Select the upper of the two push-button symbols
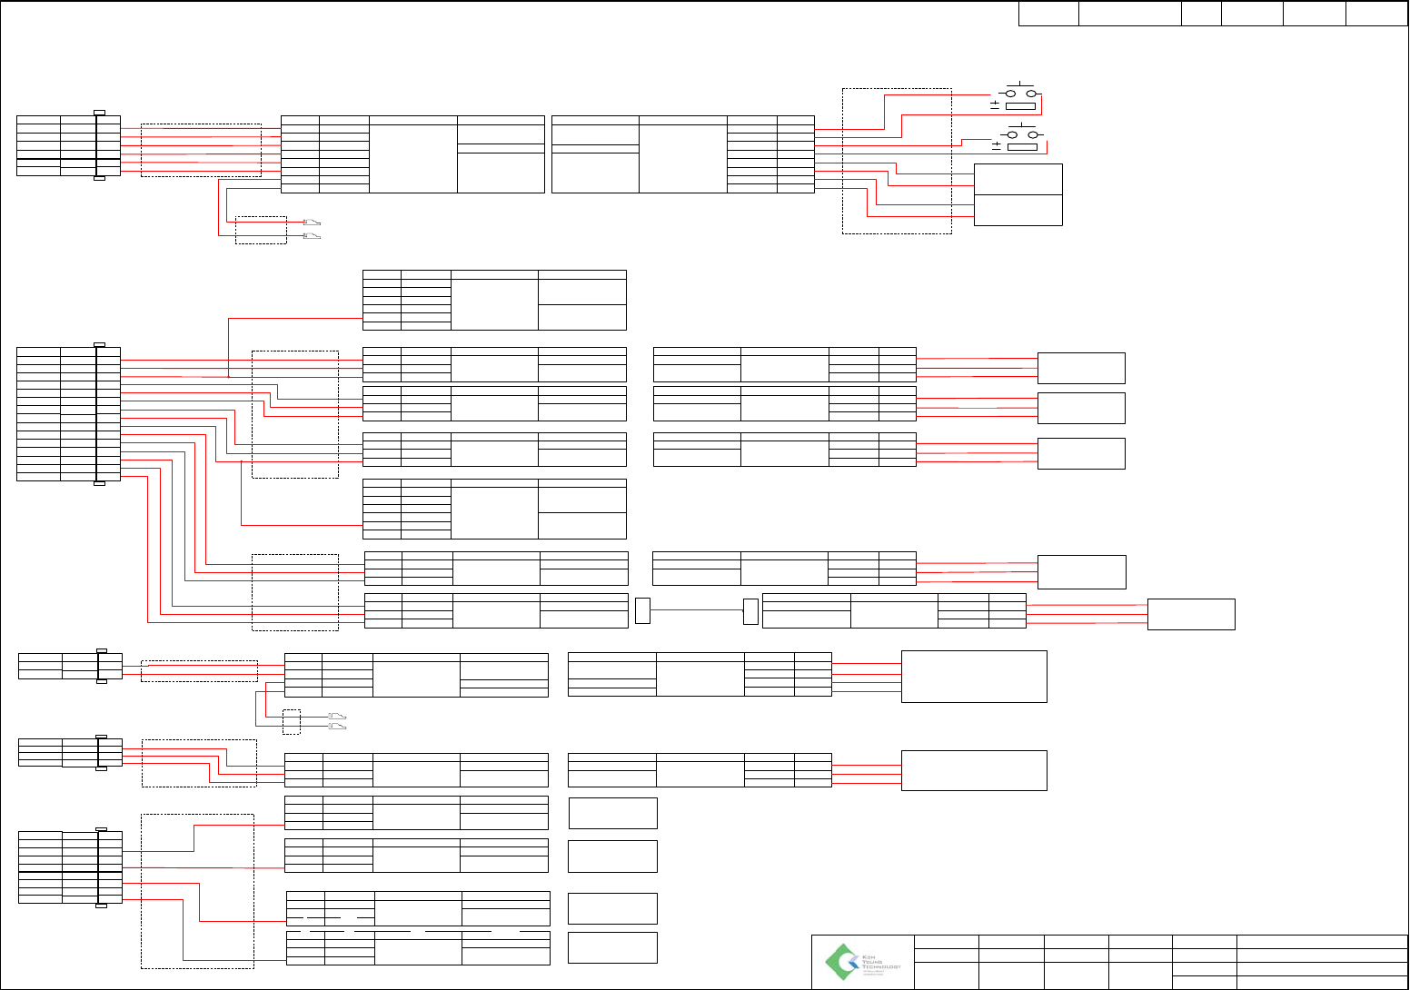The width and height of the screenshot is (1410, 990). pyautogui.click(x=1018, y=93)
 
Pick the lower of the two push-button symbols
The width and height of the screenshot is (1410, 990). pyautogui.click(x=1019, y=134)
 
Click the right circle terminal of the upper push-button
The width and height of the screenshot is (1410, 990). pyautogui.click(x=1031, y=94)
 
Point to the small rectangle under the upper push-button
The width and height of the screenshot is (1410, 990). pyautogui.click(x=1021, y=106)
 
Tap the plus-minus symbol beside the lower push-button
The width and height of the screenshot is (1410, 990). pyautogui.click(x=997, y=145)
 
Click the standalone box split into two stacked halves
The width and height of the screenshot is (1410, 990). pyautogui.click(x=1018, y=194)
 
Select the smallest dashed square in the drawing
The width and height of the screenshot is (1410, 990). pyautogui.click(x=292, y=721)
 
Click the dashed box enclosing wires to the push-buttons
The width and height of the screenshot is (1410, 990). pyautogui.click(x=897, y=161)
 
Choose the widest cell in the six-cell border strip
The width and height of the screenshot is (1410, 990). pyautogui.click(x=1129, y=14)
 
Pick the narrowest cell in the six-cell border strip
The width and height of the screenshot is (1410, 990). pyautogui.click(x=1201, y=14)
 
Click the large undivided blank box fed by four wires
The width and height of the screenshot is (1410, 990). pyautogui.click(x=974, y=676)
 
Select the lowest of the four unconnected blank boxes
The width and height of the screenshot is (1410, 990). pyautogui.click(x=612, y=947)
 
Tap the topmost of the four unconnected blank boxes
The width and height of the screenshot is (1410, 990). pyautogui.click(x=612, y=813)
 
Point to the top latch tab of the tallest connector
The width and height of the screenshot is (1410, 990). pyautogui.click(x=100, y=344)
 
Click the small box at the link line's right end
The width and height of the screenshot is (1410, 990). pyautogui.click(x=750, y=611)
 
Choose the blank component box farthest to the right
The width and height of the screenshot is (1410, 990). pyautogui.click(x=1191, y=614)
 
